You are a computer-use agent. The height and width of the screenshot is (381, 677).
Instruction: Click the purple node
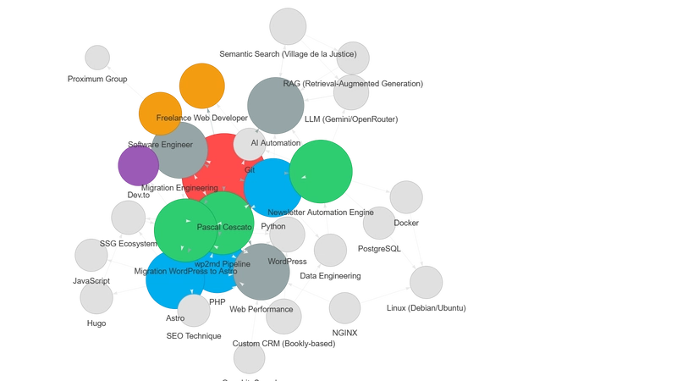pyautogui.click(x=137, y=166)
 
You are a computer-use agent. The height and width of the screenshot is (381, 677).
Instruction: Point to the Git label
pyautogui.click(x=250, y=170)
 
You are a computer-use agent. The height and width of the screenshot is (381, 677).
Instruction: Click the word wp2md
pyautogui.click(x=206, y=265)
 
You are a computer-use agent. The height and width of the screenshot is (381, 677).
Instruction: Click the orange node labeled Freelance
pyautogui.click(x=159, y=113)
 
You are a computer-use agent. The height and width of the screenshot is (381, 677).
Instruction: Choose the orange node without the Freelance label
pyautogui.click(x=202, y=86)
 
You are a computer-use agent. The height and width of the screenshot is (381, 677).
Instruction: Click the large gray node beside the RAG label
pyautogui.click(x=276, y=105)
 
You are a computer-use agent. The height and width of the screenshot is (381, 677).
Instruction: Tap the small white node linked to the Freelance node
pyautogui.click(x=98, y=58)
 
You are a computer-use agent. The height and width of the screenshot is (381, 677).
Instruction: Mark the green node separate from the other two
pyautogui.click(x=322, y=172)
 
